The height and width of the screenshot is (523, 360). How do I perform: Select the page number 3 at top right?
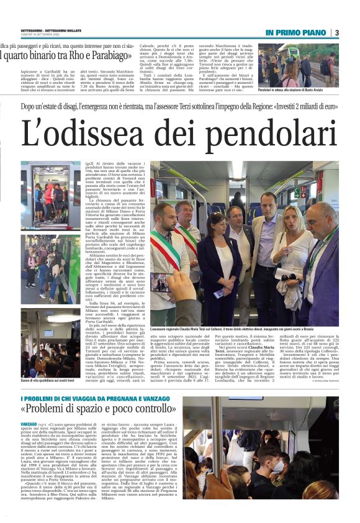[353, 32]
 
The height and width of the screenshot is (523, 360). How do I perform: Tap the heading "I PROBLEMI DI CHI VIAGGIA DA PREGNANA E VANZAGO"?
[99, 380]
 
